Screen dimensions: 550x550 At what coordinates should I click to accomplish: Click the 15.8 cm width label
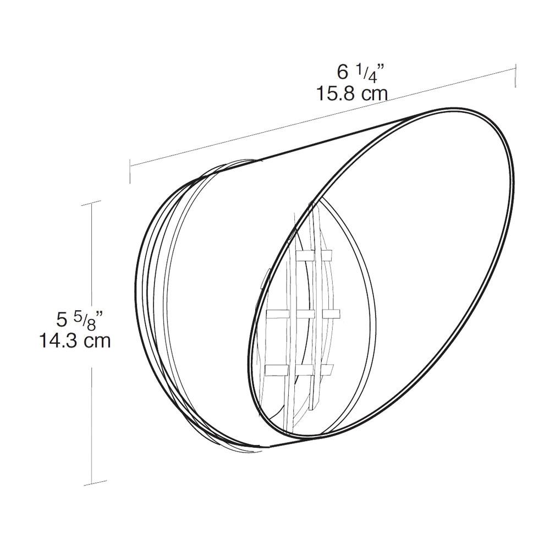[x=352, y=93]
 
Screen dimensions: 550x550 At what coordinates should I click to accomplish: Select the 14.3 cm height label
[x=75, y=340]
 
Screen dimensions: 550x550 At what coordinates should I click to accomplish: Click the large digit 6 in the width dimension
[x=343, y=72]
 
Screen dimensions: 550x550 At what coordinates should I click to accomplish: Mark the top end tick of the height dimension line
[x=91, y=204]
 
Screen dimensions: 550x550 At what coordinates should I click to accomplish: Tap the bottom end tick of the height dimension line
[x=91, y=486]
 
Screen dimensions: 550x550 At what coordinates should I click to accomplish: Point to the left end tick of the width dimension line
[x=130, y=170]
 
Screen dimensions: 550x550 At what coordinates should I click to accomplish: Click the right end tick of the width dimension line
[x=515, y=75]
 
